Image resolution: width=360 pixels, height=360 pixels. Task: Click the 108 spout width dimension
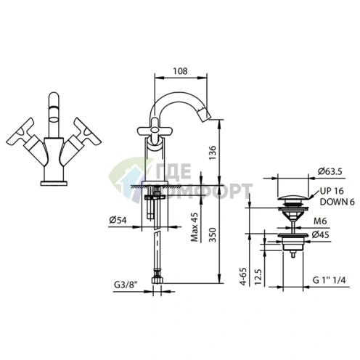coord(180,71)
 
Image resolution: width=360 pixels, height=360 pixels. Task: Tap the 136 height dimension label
coord(213,152)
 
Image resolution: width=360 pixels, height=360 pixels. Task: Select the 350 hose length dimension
coord(213,234)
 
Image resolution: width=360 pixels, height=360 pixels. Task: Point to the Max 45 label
coord(195,227)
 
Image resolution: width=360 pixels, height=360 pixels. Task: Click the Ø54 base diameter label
coord(118,220)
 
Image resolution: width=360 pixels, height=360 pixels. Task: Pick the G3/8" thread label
coord(126,285)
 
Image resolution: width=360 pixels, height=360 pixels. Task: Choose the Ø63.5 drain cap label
coord(330,171)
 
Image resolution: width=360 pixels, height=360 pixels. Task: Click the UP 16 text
coord(332,191)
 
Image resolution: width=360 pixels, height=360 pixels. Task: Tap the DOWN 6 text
coord(337,202)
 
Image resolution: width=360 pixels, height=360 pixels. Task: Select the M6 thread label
coord(320,221)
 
